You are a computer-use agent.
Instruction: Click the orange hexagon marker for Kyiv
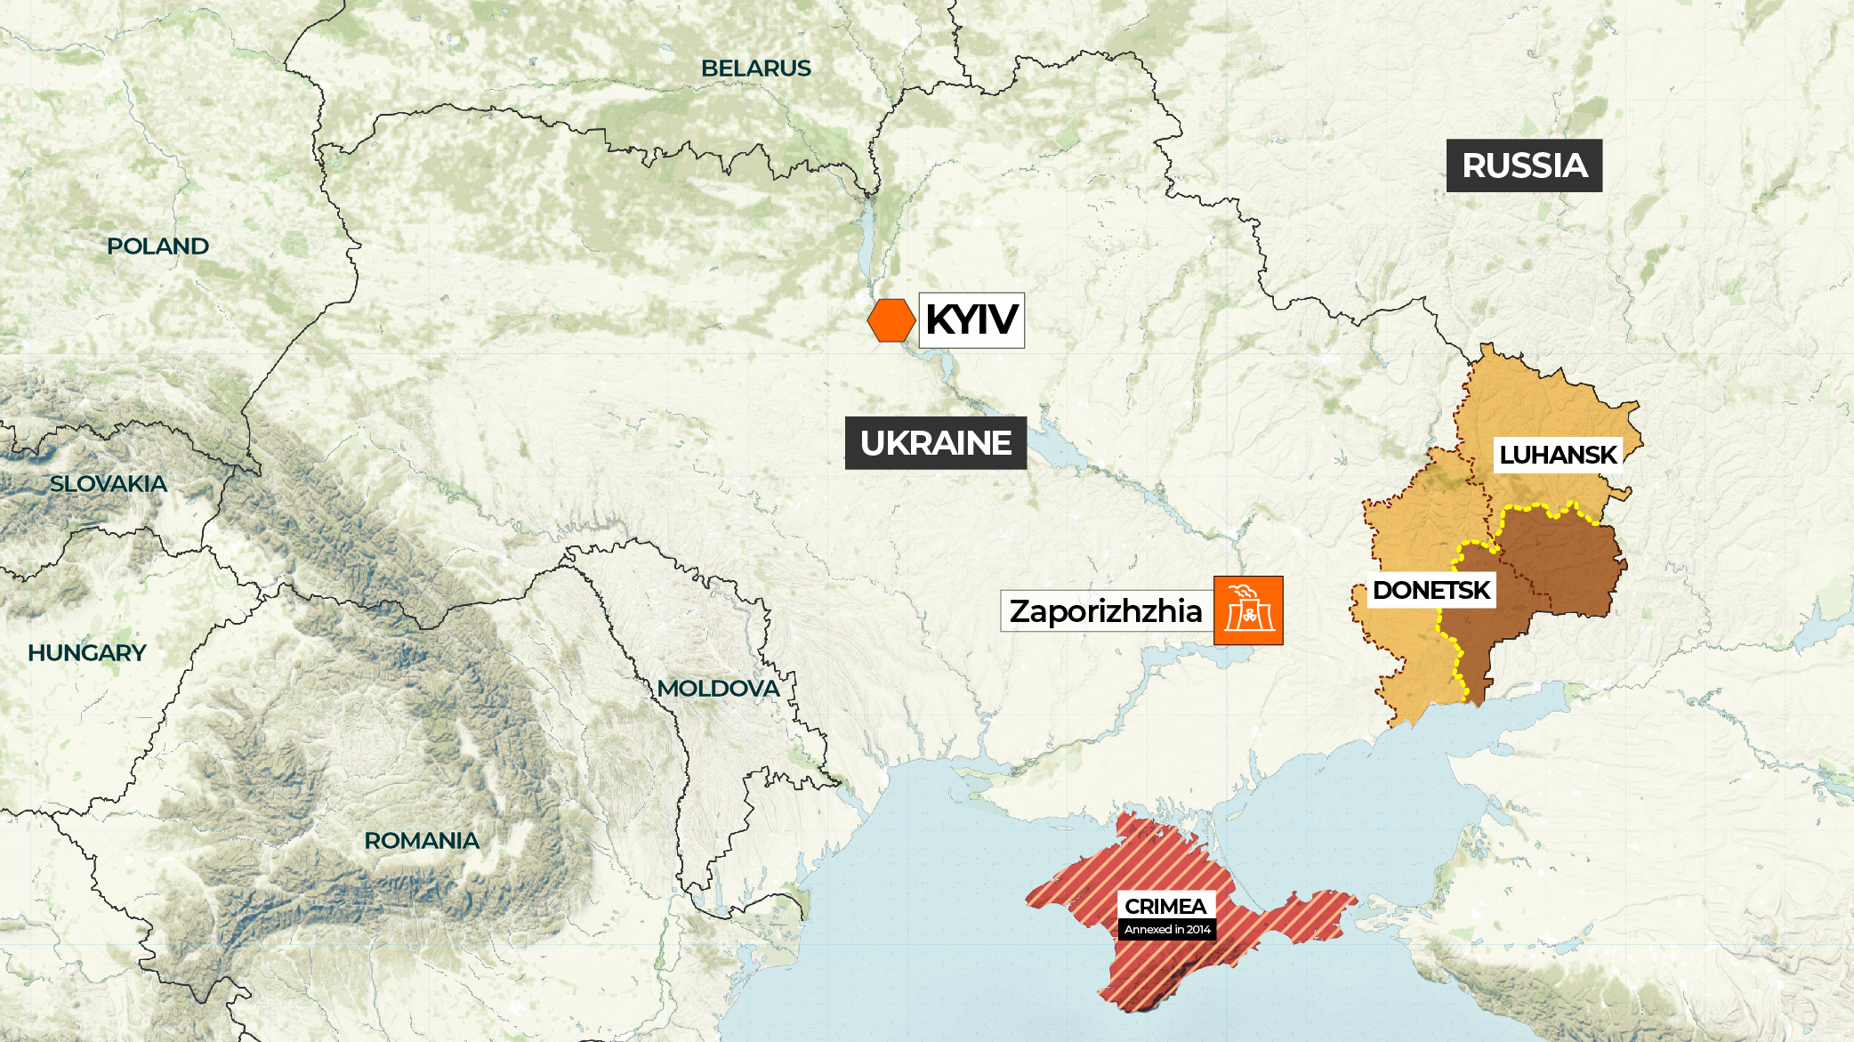891,320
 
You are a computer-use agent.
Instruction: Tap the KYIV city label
971,320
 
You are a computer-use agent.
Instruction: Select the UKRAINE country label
936,443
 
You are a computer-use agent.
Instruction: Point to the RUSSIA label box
1524,166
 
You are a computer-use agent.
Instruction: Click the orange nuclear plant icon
1248,610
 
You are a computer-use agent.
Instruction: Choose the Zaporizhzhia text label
1106,611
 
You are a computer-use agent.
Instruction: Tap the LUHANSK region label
1557,455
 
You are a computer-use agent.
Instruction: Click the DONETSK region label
1431,590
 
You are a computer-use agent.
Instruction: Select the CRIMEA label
1165,906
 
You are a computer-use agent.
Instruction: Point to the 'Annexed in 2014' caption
1167,930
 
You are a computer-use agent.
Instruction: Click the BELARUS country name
755,69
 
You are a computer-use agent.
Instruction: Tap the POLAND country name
157,246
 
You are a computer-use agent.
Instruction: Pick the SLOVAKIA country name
108,484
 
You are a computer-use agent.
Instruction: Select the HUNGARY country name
86,653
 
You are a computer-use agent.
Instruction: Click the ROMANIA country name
421,841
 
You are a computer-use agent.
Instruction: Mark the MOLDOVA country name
718,689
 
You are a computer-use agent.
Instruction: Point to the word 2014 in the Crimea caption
1198,930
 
